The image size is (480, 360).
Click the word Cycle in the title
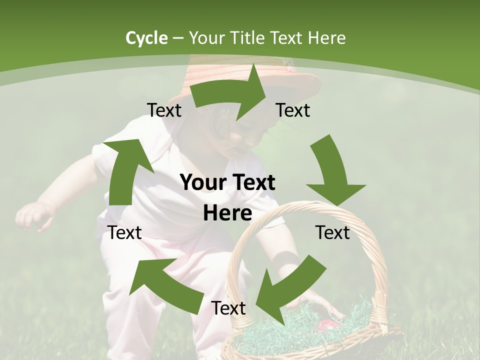146,38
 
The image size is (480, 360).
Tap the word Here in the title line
326,38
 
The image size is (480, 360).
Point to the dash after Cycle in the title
178,38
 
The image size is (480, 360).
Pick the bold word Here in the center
227,213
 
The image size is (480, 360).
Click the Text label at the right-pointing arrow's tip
293,110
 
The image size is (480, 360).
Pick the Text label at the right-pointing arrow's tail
164,110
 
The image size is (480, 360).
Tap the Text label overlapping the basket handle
333,232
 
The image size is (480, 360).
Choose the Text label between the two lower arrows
228,308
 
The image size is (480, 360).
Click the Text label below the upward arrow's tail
124,232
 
